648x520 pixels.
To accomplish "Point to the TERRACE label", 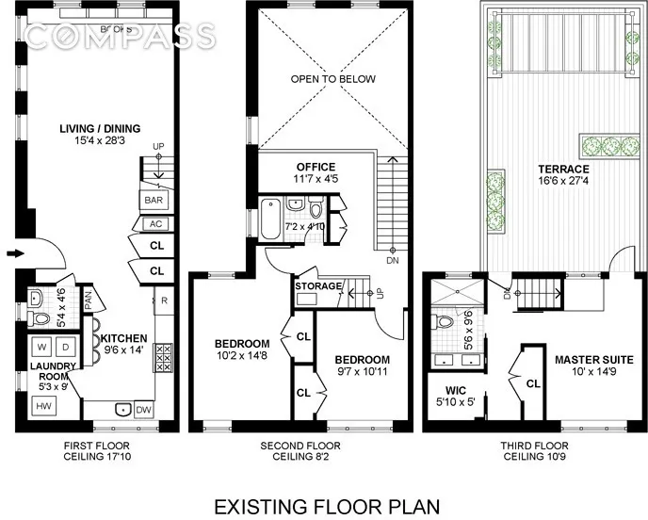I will [538, 169].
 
